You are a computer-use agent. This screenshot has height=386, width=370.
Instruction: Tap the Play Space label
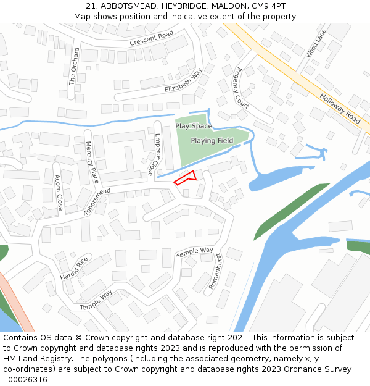pos(194,126)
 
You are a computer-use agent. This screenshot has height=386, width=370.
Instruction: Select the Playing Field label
pos(212,140)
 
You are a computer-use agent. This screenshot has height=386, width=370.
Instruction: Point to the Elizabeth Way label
pos(183,81)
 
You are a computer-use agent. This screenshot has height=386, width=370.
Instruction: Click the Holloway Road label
pos(340,108)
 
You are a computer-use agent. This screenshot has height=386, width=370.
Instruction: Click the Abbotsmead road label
pos(97,202)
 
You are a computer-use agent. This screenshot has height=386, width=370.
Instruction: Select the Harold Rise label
pos(74,269)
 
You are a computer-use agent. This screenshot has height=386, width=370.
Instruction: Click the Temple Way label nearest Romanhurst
pos(195,252)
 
